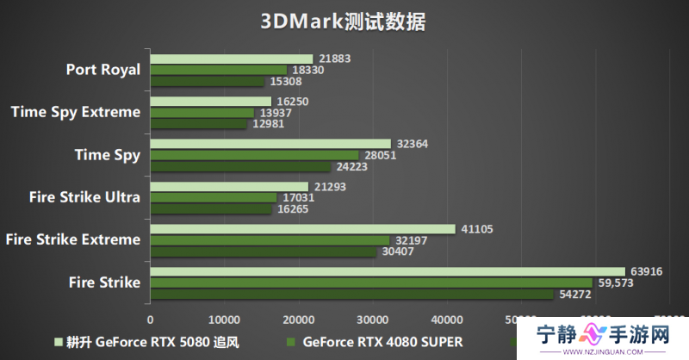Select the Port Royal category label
tap(102, 70)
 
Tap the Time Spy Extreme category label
tap(76, 112)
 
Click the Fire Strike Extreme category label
tap(72, 239)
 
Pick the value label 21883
tap(332, 59)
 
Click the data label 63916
tap(645, 271)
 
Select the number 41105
tap(475, 229)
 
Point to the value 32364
tap(409, 144)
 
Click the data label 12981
tap(267, 124)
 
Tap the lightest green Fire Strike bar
tap(387, 271)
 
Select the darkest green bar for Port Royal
tap(207, 82)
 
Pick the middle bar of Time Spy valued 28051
tap(254, 155)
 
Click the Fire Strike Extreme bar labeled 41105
tap(302, 229)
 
